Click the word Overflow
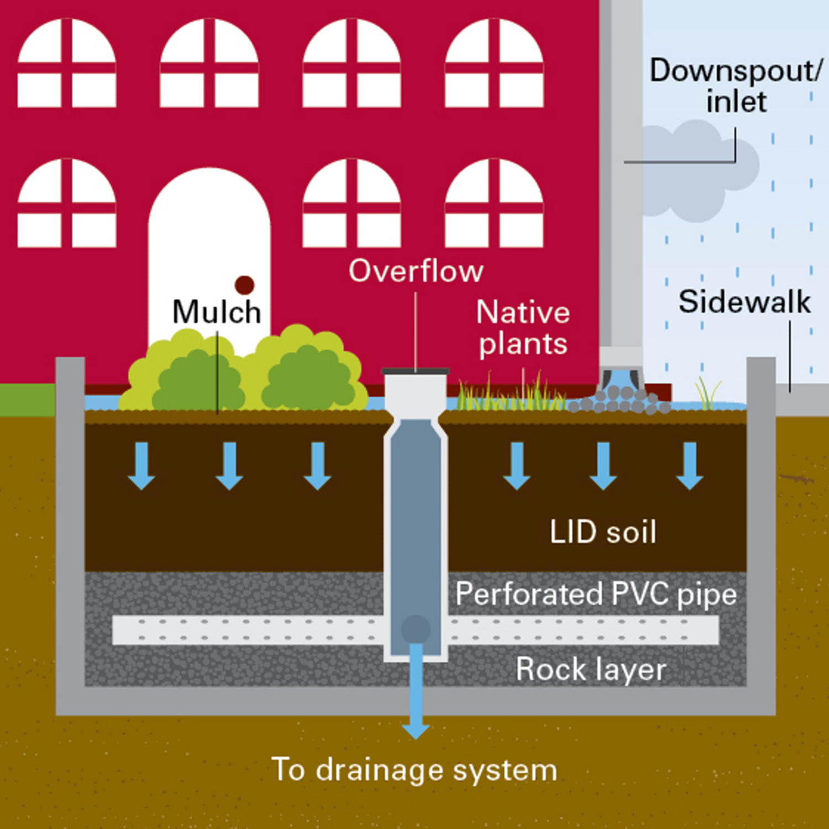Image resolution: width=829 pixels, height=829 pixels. click(x=416, y=271)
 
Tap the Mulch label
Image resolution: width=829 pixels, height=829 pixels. click(x=217, y=312)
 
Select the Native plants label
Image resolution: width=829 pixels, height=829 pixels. click(x=523, y=328)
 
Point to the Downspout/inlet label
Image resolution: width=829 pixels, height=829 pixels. click(x=735, y=86)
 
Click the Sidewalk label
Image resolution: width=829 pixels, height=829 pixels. click(x=744, y=302)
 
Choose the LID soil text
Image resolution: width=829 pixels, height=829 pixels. click(x=603, y=532)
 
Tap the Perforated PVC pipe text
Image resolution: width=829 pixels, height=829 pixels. click(x=596, y=594)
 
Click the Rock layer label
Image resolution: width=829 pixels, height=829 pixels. click(x=590, y=669)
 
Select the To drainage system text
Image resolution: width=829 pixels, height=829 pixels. click(x=414, y=769)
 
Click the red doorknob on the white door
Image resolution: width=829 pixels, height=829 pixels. click(x=244, y=285)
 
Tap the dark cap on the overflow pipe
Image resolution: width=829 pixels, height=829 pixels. click(x=416, y=371)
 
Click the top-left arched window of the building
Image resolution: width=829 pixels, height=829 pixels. click(x=67, y=64)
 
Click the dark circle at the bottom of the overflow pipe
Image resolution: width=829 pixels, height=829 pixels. click(x=416, y=629)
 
